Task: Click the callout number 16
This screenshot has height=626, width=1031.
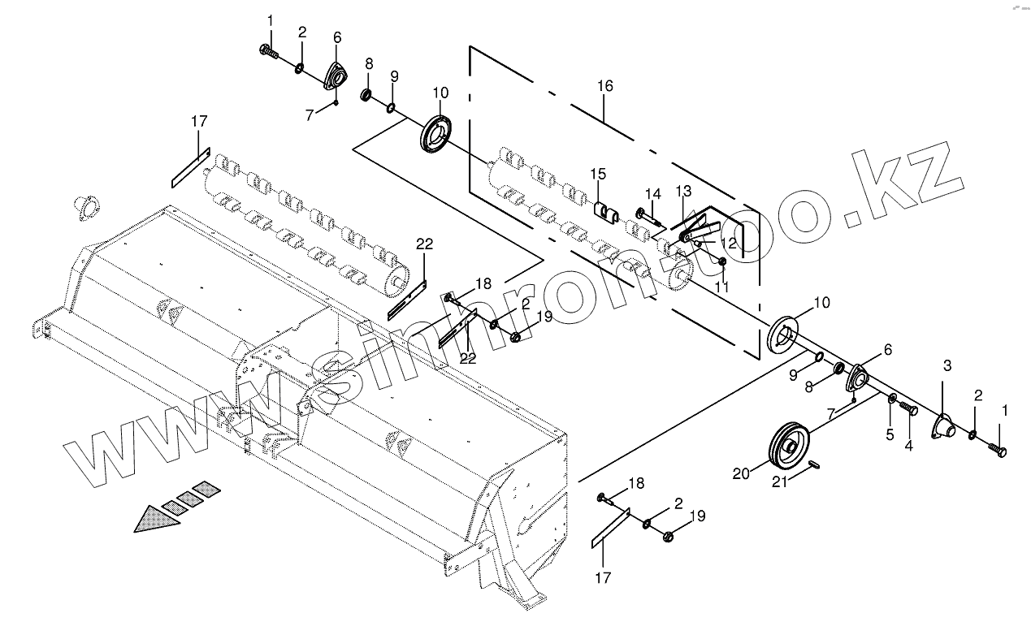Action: (x=604, y=86)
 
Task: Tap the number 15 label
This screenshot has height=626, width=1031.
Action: (x=598, y=174)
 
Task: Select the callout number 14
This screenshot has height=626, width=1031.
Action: (x=653, y=193)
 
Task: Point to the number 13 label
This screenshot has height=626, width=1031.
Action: (x=682, y=191)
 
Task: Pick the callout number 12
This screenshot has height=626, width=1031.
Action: (x=728, y=243)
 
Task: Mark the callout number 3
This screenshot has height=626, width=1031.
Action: (x=947, y=365)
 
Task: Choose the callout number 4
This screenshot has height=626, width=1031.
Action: (x=908, y=445)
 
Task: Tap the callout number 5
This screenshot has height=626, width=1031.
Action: (x=890, y=434)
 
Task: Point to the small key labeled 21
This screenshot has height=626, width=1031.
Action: (x=818, y=464)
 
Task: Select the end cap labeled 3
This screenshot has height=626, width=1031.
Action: (x=942, y=425)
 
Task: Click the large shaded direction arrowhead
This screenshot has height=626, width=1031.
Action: (x=156, y=517)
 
